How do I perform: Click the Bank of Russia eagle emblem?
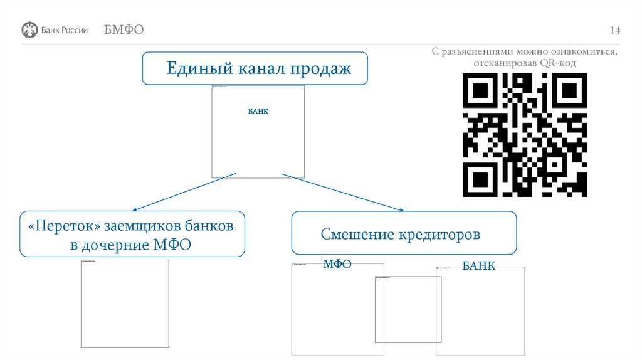(29, 29)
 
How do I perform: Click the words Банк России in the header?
(65, 30)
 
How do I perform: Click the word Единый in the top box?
(192, 68)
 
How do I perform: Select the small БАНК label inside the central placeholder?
(258, 111)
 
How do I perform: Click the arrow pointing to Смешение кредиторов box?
(342, 192)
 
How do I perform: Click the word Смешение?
(356, 235)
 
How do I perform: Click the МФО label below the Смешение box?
(337, 264)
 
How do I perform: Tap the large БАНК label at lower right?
(479, 266)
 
